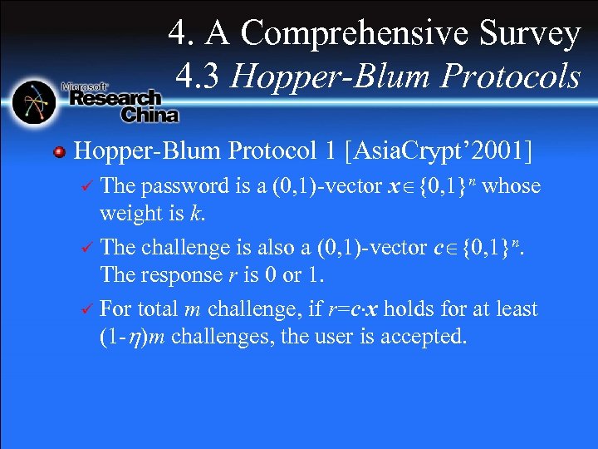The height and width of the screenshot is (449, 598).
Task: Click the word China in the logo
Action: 149,115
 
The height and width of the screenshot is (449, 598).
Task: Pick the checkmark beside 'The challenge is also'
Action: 82,248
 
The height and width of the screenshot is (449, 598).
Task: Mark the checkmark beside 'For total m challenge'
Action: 82,309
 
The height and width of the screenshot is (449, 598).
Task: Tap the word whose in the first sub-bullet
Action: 511,186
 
